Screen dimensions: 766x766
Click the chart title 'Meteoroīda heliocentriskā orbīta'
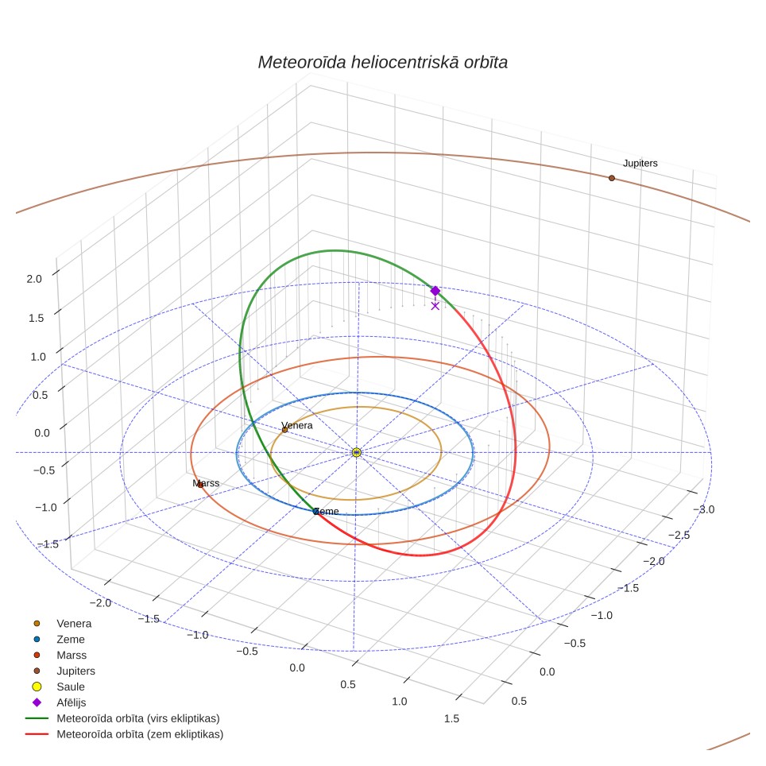point(382,63)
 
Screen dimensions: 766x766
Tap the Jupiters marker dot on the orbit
point(612,178)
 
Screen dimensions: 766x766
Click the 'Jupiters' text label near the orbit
point(640,163)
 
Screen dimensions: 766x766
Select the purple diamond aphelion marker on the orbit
point(435,291)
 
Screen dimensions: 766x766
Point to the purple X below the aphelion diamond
point(435,306)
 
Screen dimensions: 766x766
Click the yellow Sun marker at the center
point(357,452)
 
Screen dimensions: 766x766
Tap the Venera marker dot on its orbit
point(284,430)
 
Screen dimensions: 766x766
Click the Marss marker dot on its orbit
point(200,485)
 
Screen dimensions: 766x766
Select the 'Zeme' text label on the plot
point(327,511)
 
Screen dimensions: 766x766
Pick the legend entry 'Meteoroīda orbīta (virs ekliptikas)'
point(123,718)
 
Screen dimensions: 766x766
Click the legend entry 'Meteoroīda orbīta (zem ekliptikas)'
point(125,733)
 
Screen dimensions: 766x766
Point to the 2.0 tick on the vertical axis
point(34,279)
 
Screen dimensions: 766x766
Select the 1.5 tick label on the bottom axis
point(451,718)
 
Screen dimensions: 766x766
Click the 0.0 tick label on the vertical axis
point(42,433)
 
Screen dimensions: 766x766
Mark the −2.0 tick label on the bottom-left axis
point(100,603)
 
